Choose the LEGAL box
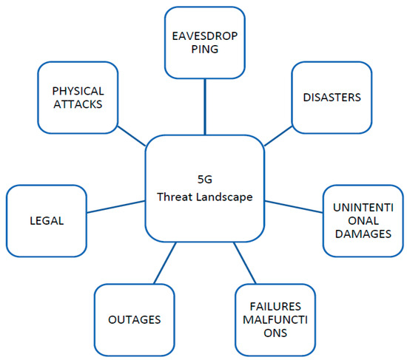click(46, 220)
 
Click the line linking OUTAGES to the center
click(165, 262)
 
